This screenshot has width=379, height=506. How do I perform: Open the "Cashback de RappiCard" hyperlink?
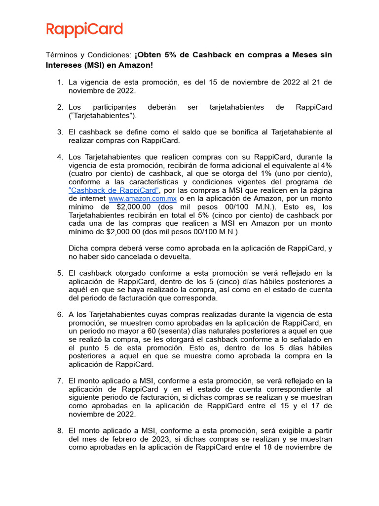114,190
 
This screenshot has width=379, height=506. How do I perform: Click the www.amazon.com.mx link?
142,198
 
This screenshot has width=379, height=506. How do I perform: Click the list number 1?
60,82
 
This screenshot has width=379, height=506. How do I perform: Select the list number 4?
60,157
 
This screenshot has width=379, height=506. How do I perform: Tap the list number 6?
60,314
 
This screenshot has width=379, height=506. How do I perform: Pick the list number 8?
60,431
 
